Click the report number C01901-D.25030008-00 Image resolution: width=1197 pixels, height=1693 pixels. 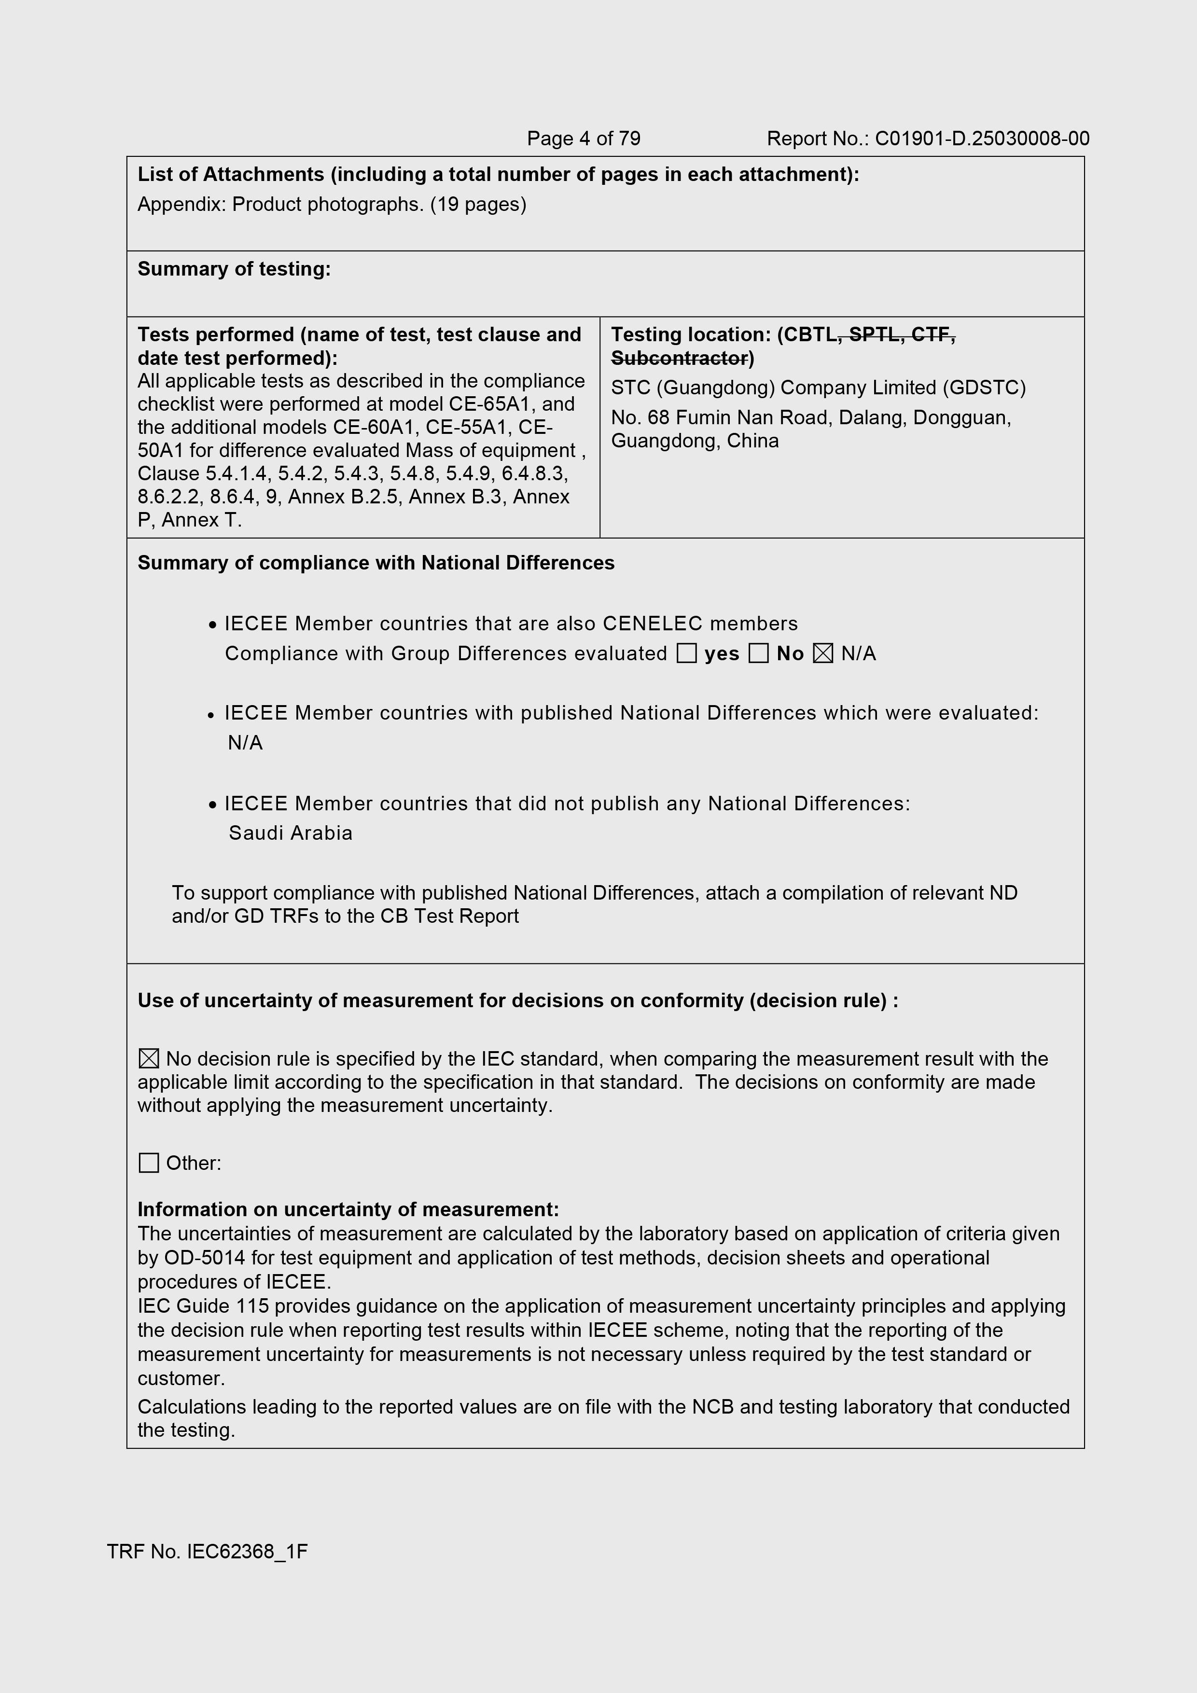point(982,139)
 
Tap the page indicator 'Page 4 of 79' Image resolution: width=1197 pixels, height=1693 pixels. point(584,139)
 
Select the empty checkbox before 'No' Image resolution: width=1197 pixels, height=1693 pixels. point(758,653)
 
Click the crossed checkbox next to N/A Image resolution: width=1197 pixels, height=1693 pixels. point(823,653)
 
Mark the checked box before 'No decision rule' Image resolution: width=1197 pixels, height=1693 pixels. point(149,1059)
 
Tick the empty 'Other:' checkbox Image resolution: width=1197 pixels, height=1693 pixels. point(149,1163)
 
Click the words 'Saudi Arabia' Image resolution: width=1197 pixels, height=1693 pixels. point(291,833)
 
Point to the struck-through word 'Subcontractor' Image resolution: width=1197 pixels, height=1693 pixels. point(679,359)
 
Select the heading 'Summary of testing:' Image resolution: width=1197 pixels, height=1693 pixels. point(234,269)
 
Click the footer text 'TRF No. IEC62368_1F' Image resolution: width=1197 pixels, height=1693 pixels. point(207,1552)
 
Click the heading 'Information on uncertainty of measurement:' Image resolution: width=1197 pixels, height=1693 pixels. point(348,1210)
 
